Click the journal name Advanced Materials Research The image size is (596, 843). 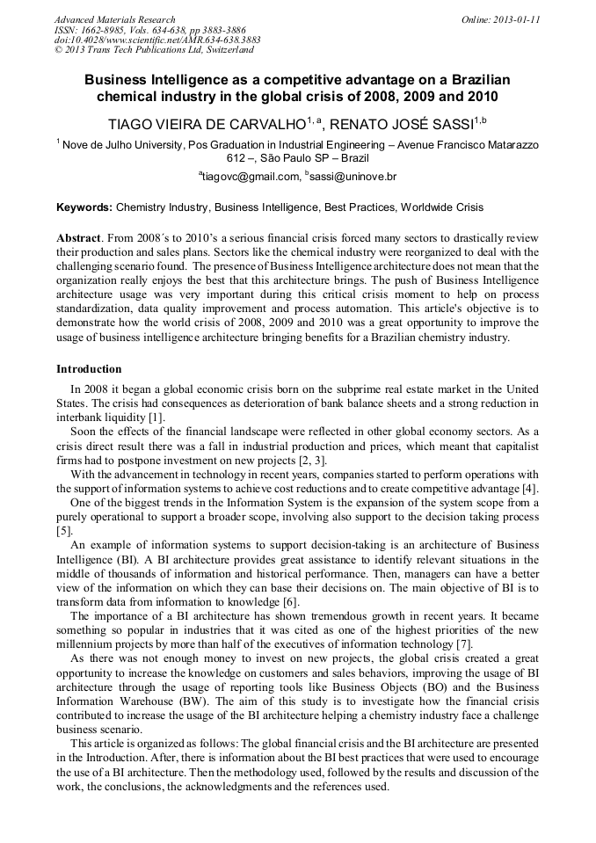(115, 19)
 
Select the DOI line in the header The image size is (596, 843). (157, 40)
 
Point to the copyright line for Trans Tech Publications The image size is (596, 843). (154, 50)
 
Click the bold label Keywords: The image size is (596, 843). (84, 207)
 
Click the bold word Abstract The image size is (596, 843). (80, 239)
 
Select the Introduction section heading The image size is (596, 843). (89, 369)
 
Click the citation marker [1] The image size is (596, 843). (154, 418)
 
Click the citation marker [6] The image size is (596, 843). (287, 601)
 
